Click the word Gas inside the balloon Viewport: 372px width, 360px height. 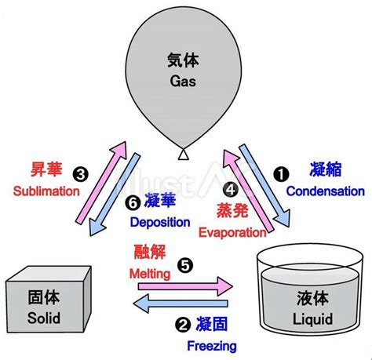point(183,81)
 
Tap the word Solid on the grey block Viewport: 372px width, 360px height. point(44,318)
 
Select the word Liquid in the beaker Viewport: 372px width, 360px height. point(312,319)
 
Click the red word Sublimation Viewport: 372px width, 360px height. point(46,191)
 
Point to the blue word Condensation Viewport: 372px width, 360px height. point(326,191)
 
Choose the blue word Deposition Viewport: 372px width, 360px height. point(160,223)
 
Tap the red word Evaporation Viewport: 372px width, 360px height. point(232,232)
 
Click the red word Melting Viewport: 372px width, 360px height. point(150,274)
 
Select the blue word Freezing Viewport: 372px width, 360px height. point(212,347)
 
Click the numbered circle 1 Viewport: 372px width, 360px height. point(281,174)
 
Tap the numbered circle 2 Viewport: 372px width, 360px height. point(183,325)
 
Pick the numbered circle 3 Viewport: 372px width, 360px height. point(81,174)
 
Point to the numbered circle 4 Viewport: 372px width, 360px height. point(231,190)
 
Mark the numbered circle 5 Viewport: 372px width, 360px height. point(185,266)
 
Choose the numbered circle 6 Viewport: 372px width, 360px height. point(133,203)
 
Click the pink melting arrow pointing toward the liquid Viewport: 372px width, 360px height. point(185,286)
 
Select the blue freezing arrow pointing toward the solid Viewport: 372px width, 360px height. point(181,304)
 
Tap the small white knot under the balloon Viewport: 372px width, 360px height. point(184,155)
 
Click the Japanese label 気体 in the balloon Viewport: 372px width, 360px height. point(183,60)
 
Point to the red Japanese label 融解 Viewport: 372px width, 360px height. point(150,252)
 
